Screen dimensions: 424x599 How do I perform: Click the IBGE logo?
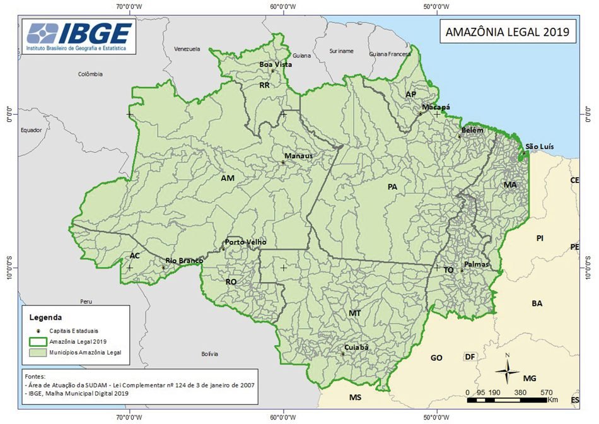(x=79, y=37)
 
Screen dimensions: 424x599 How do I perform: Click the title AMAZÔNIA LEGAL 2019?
(x=507, y=32)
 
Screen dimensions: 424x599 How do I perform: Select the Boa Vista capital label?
(x=276, y=64)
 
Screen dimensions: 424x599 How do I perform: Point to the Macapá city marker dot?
(x=421, y=114)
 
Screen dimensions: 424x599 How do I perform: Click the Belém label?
(x=472, y=130)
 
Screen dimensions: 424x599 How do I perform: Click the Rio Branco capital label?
(x=184, y=261)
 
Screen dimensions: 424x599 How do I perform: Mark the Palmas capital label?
(x=476, y=264)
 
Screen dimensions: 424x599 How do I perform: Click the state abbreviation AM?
(x=228, y=179)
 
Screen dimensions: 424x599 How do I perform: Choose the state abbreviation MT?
(x=355, y=313)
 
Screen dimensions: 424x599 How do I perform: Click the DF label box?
(x=469, y=357)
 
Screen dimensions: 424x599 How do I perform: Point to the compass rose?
(x=507, y=371)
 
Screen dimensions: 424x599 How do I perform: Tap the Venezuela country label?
(x=187, y=49)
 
